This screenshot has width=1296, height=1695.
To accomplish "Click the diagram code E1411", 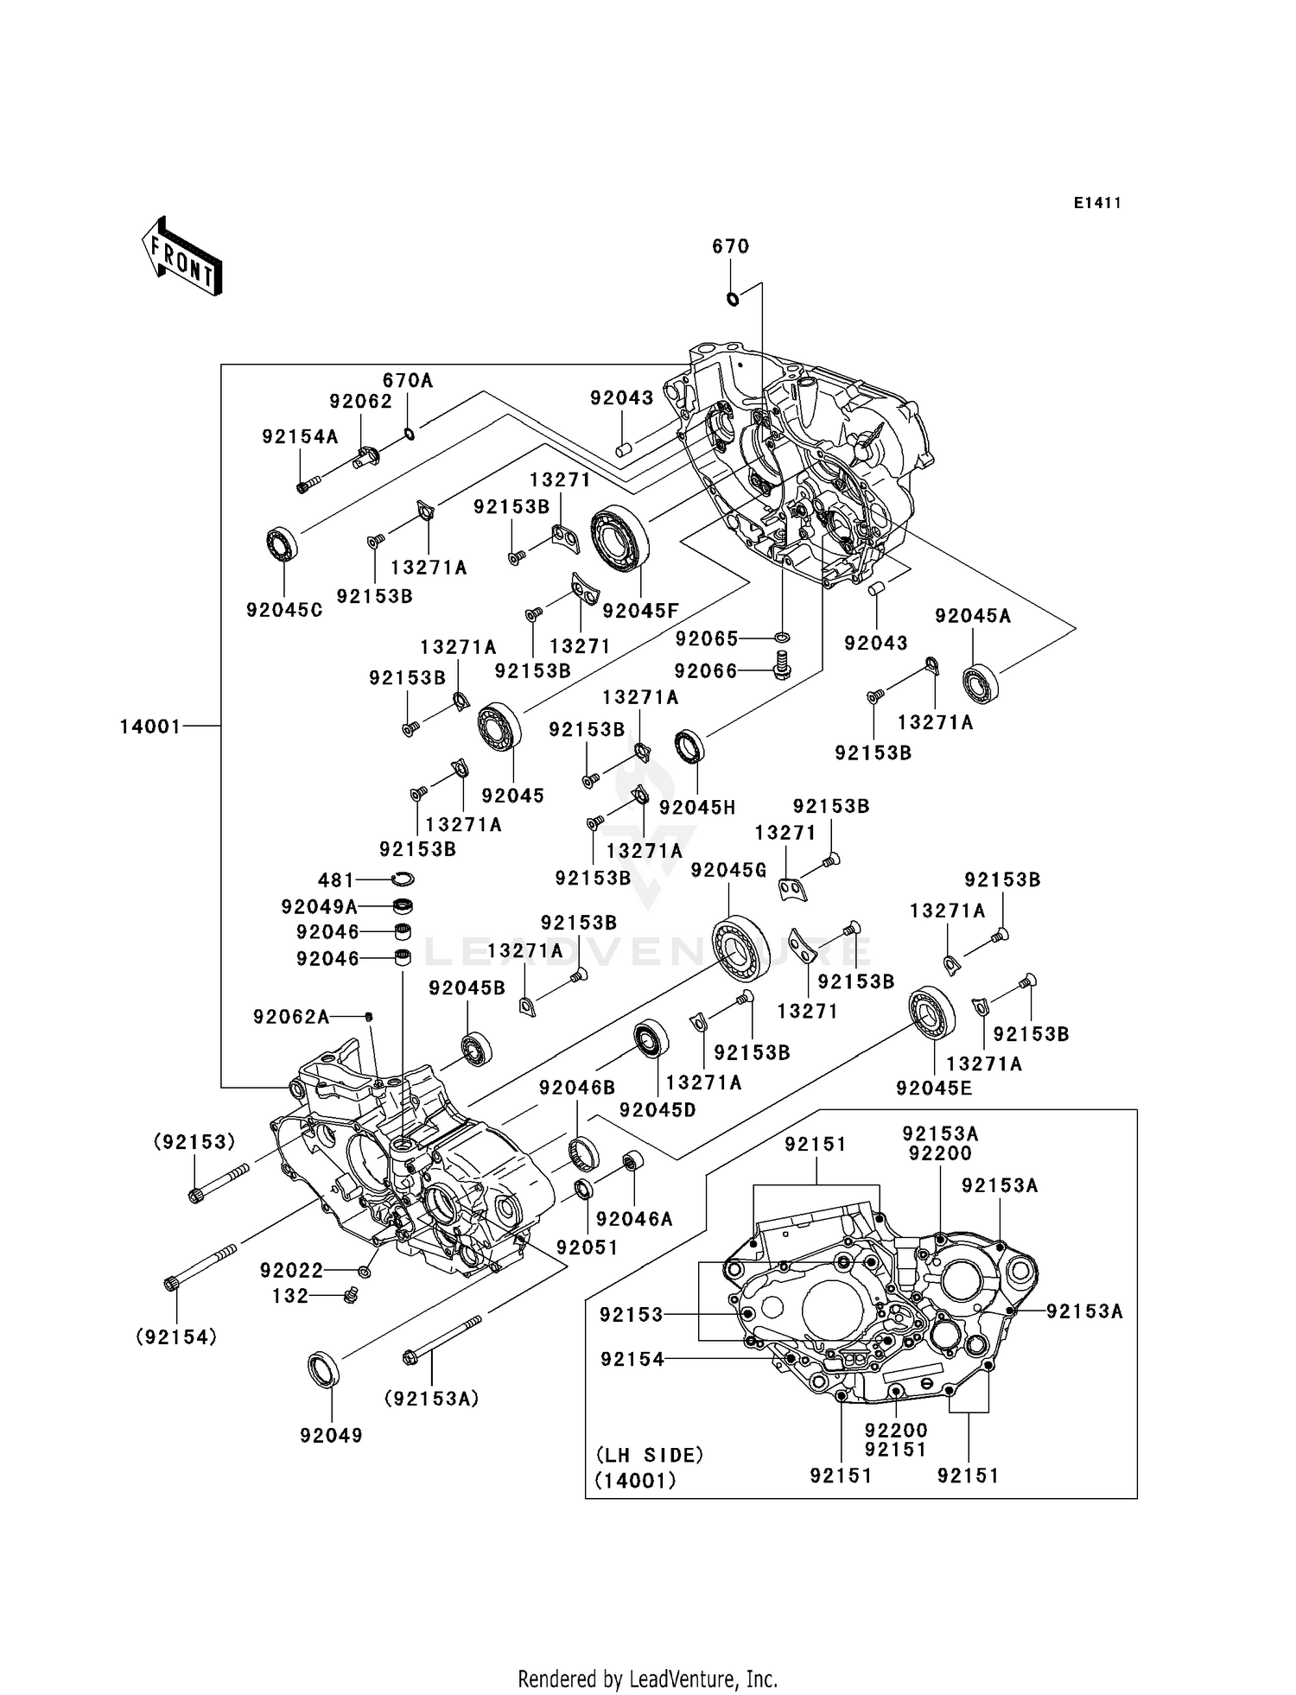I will click(x=1097, y=203).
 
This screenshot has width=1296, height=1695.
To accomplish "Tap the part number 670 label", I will click(x=730, y=246).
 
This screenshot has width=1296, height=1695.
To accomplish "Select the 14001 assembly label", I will click(x=150, y=727).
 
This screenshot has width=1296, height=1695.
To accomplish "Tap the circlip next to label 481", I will click(x=402, y=879).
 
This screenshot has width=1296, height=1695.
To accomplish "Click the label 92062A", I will click(x=291, y=1017).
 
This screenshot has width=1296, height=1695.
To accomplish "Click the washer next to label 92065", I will click(x=782, y=638).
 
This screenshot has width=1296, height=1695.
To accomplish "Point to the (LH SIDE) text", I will click(x=649, y=1455).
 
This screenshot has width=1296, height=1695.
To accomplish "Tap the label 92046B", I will click(x=577, y=1088).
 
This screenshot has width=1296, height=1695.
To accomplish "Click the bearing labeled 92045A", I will click(x=981, y=683).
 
